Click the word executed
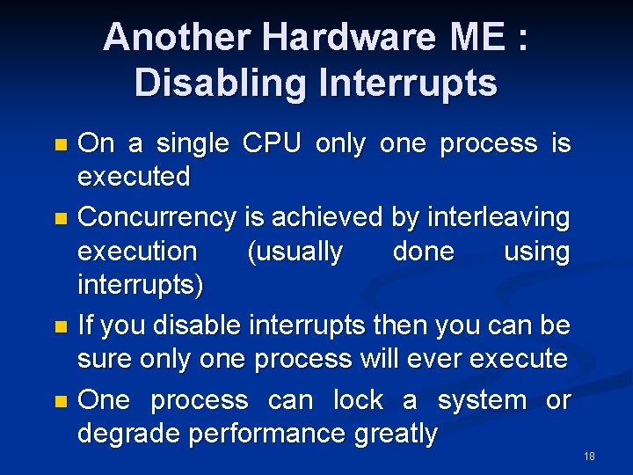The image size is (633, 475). [134, 176]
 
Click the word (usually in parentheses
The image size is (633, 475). [295, 252]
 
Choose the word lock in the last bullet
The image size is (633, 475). [358, 400]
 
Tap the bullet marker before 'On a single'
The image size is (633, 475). [60, 143]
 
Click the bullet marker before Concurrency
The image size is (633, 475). [60, 216]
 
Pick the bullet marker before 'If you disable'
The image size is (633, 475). [60, 326]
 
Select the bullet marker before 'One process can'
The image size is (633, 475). [60, 401]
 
